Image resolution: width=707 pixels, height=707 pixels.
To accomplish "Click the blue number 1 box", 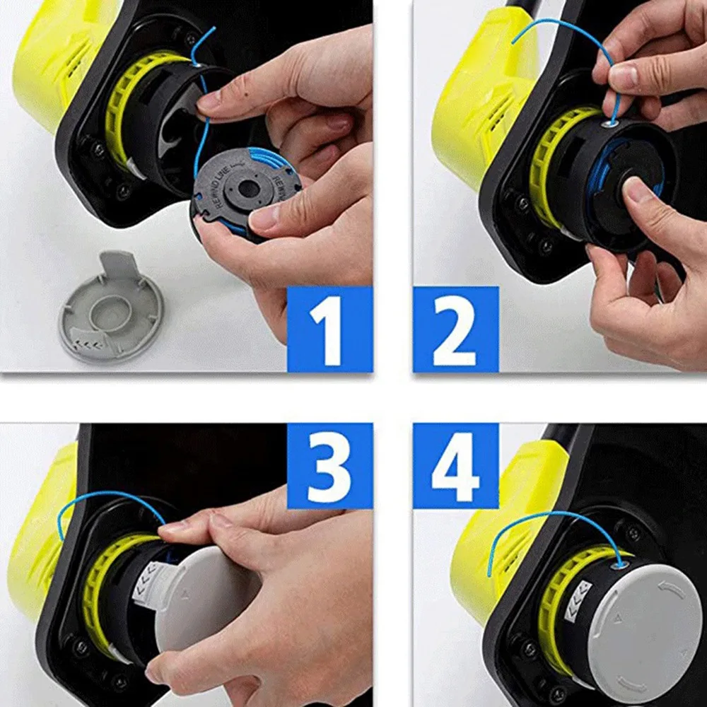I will tap(329, 329).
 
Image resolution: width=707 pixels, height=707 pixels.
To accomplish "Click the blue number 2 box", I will tap(455, 329).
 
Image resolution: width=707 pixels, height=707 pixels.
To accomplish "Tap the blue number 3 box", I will tap(329, 467).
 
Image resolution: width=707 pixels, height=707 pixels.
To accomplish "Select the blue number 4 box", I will tap(455, 467).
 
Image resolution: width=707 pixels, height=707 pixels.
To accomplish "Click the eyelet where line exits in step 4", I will tap(621, 562).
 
